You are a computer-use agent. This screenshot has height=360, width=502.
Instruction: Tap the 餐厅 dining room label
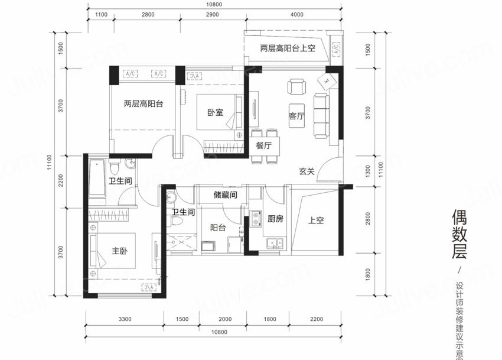tap(263, 145)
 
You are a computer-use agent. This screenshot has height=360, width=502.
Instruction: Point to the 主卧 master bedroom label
tap(120, 251)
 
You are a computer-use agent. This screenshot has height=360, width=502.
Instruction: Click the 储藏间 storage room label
tap(225, 194)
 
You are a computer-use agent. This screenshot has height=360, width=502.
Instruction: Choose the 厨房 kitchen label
tap(275, 219)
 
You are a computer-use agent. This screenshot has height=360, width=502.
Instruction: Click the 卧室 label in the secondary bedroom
tap(215, 112)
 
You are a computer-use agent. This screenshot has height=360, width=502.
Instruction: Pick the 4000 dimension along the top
tap(296, 14)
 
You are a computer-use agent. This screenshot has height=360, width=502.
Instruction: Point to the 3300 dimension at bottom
tap(125, 319)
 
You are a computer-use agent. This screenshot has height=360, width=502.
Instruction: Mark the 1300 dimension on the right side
tap(367, 171)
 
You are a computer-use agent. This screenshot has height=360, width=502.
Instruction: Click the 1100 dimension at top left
tap(100, 14)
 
